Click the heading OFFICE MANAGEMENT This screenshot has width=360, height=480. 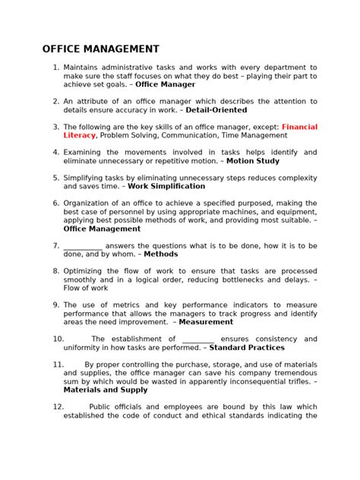[100, 49]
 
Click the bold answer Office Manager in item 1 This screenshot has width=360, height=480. [165, 86]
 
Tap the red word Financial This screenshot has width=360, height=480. [299, 127]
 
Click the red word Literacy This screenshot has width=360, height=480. [79, 135]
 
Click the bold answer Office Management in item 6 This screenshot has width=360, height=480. [102, 228]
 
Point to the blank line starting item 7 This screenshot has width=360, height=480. [83, 246]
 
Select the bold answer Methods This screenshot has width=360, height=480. [161, 254]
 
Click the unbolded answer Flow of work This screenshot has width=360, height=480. [86, 288]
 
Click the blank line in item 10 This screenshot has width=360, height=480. [198, 339]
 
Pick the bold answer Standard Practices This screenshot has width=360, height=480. [247, 347]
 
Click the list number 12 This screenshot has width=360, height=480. [58, 406]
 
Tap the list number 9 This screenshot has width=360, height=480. [55, 305]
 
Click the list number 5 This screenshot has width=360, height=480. [55, 177]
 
